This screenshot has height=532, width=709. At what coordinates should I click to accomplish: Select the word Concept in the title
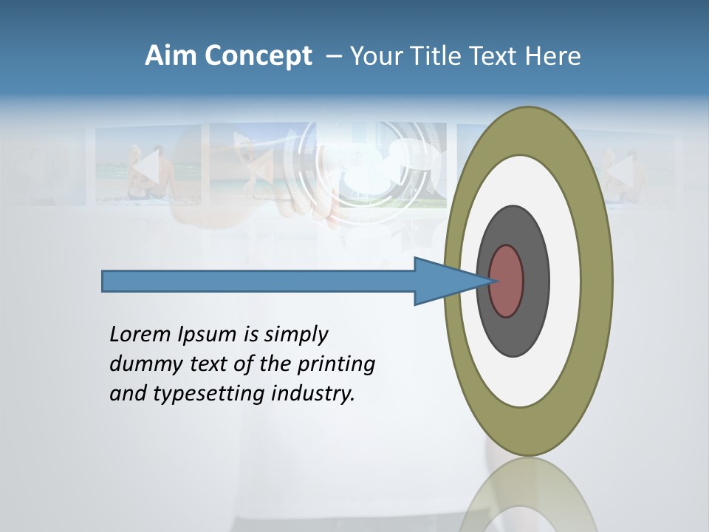(x=258, y=56)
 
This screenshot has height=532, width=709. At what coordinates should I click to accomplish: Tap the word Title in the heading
(x=439, y=56)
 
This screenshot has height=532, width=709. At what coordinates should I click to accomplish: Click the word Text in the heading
(x=496, y=56)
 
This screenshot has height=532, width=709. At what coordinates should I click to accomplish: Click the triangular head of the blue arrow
(x=443, y=282)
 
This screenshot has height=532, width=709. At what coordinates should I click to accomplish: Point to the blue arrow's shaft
(x=258, y=282)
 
